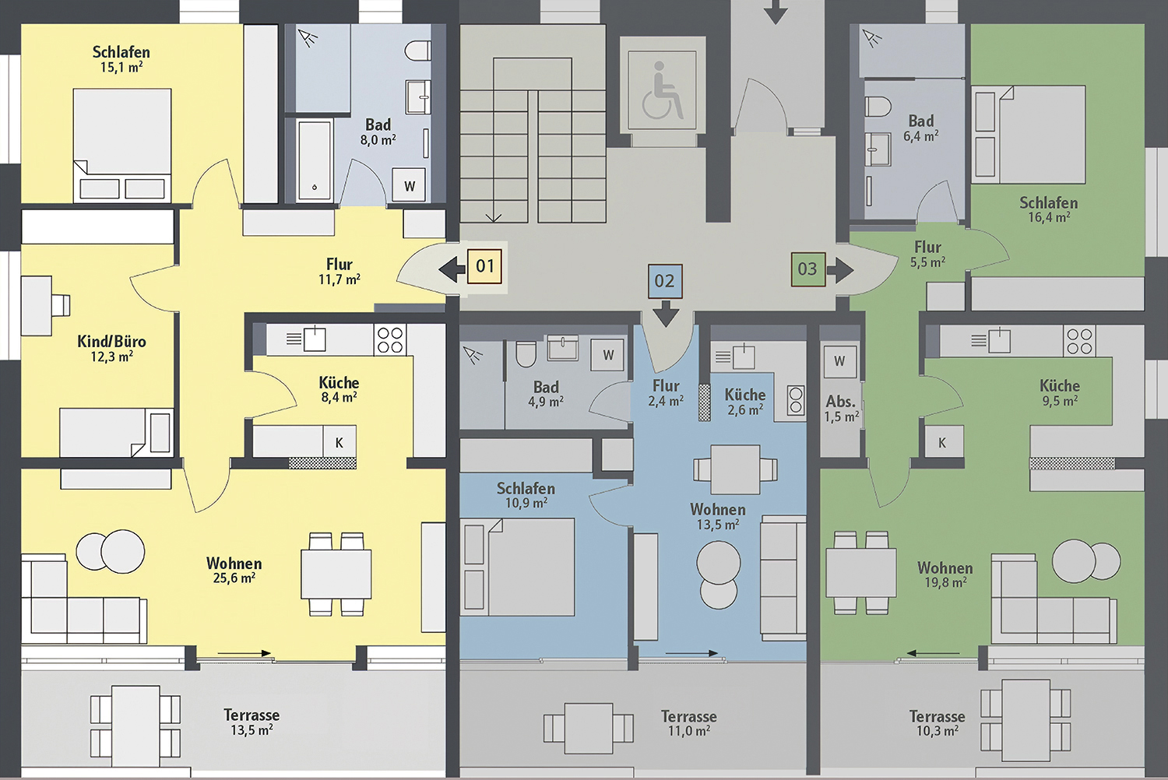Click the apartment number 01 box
click(x=484, y=266)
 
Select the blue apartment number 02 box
click(x=665, y=281)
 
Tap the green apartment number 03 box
click(x=808, y=269)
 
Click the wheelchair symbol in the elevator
click(x=661, y=90)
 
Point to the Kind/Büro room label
click(x=111, y=342)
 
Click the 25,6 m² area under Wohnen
click(x=234, y=578)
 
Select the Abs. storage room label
click(x=840, y=402)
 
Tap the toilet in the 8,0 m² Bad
click(x=417, y=51)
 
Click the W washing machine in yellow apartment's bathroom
click(x=410, y=185)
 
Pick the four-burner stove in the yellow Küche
click(x=390, y=340)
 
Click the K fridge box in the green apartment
click(x=941, y=443)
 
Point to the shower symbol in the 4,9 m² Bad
click(x=473, y=355)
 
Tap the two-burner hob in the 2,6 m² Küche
click(x=796, y=400)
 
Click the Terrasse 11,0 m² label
click(x=689, y=723)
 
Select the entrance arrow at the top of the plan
click(x=776, y=12)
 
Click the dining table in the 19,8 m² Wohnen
click(x=861, y=572)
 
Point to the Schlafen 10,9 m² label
click(x=526, y=495)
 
